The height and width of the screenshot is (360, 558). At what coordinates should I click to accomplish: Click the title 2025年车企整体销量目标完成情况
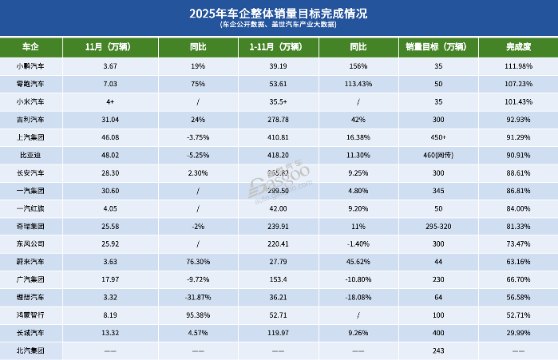tap(279, 13)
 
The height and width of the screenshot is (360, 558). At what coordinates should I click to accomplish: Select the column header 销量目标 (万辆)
tap(438, 47)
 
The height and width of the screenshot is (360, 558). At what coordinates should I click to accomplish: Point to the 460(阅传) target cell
tap(438, 156)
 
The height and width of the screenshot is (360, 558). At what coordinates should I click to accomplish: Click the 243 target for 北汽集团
tap(438, 350)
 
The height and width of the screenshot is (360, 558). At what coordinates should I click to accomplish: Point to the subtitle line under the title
tap(279, 26)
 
